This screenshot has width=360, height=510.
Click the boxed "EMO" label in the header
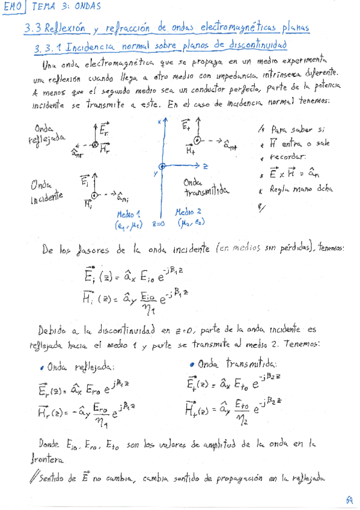pyautogui.click(x=13, y=7)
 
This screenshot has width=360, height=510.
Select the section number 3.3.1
pyautogui.click(x=48, y=46)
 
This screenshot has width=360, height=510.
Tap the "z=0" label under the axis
pyautogui.click(x=158, y=224)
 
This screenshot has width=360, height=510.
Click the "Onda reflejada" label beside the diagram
pyautogui.click(x=46, y=133)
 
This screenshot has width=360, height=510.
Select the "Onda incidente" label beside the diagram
pyautogui.click(x=46, y=192)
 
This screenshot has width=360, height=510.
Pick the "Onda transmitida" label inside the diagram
pyautogui.click(x=204, y=186)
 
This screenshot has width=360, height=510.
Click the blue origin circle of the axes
pyautogui.click(x=161, y=166)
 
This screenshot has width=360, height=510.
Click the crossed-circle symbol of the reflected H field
pyautogui.click(x=94, y=145)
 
